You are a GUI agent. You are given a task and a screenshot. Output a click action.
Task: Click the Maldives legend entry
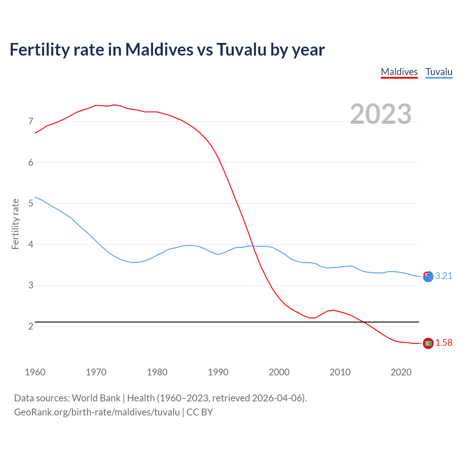coord(399,72)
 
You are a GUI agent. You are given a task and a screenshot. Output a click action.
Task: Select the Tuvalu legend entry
coord(439,72)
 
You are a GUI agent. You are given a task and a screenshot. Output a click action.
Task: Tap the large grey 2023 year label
coord(380,114)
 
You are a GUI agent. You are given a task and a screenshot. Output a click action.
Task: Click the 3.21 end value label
coord(444,276)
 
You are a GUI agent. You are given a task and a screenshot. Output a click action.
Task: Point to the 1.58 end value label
coord(444,343)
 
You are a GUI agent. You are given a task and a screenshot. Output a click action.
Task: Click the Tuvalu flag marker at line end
coord(428,277)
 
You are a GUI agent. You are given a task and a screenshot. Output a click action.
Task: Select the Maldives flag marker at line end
coord(428,343)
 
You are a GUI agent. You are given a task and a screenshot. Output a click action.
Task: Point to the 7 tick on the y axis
coord(31,122)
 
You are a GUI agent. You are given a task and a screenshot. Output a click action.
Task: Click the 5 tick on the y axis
coord(31,204)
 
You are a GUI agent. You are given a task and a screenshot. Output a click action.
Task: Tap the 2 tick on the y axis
coord(31,327)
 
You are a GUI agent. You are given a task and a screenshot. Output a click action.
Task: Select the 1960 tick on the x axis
coord(35,372)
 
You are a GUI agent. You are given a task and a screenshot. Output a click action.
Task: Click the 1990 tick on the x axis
coord(218,372)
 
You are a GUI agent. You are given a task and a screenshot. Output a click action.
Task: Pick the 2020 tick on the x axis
coord(401,372)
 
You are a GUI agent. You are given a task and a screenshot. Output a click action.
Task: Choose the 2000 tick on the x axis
coord(279,372)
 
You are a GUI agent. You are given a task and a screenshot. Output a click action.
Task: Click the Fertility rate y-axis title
coord(15,224)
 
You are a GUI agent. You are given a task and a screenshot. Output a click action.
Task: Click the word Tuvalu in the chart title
coord(241,49)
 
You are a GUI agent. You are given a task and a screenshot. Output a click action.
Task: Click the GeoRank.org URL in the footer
coord(97,412)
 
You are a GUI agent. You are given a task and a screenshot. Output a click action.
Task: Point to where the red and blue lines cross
coord(253,246)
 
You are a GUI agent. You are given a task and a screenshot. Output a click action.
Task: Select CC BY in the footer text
coord(200,412)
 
